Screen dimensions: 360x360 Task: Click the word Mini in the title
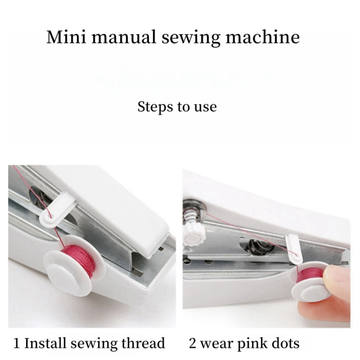click(66, 37)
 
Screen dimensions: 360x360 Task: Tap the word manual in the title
click(124, 37)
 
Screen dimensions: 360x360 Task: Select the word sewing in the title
click(191, 38)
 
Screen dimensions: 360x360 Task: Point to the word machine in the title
click(263, 37)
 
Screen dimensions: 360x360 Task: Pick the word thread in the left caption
click(143, 343)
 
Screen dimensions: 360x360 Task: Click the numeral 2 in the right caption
click(193, 343)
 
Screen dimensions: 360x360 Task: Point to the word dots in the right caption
click(285, 343)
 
